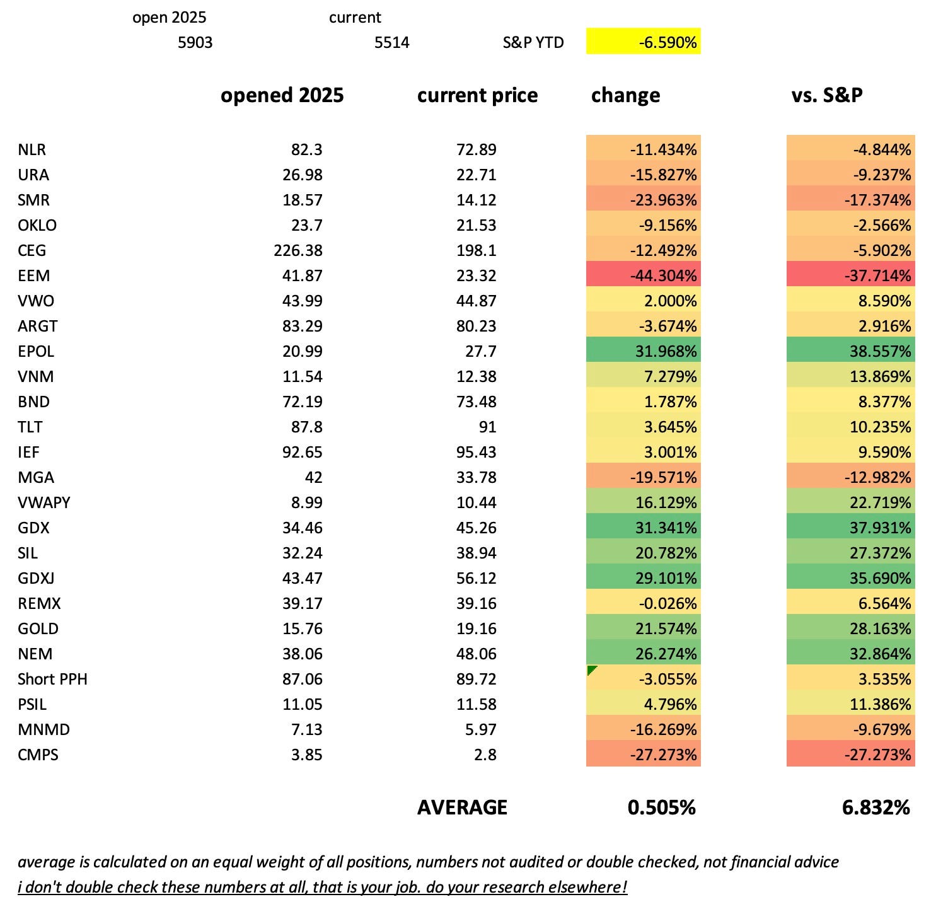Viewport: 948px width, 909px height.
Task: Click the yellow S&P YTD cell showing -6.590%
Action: coord(643,42)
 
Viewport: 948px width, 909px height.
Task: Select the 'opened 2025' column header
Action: coord(282,95)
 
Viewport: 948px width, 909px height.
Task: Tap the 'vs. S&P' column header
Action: coord(826,95)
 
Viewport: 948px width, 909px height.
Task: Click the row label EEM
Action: coord(34,275)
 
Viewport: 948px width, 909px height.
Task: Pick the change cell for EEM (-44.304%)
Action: coord(644,275)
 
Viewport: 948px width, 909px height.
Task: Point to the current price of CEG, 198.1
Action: coord(477,250)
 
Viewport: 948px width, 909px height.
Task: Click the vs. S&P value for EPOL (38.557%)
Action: coord(850,351)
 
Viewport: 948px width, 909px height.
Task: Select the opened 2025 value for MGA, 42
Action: coord(313,477)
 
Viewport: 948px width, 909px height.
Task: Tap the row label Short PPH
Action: coord(52,679)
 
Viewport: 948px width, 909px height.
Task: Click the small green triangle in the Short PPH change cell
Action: coord(591,669)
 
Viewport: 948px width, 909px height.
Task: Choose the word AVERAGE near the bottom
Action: coord(462,808)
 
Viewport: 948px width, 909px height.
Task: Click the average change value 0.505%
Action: coord(661,808)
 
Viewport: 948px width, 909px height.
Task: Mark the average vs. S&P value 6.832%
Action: coord(876,808)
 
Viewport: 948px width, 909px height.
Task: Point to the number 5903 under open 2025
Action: coord(195,42)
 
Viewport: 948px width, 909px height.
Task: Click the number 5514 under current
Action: coord(391,42)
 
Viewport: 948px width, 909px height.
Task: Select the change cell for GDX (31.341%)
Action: coord(644,528)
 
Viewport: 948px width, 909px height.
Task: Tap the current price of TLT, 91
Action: coord(487,427)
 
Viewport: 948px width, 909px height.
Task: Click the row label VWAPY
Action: coord(44,502)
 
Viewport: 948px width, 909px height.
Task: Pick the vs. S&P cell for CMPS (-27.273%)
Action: coord(850,755)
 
